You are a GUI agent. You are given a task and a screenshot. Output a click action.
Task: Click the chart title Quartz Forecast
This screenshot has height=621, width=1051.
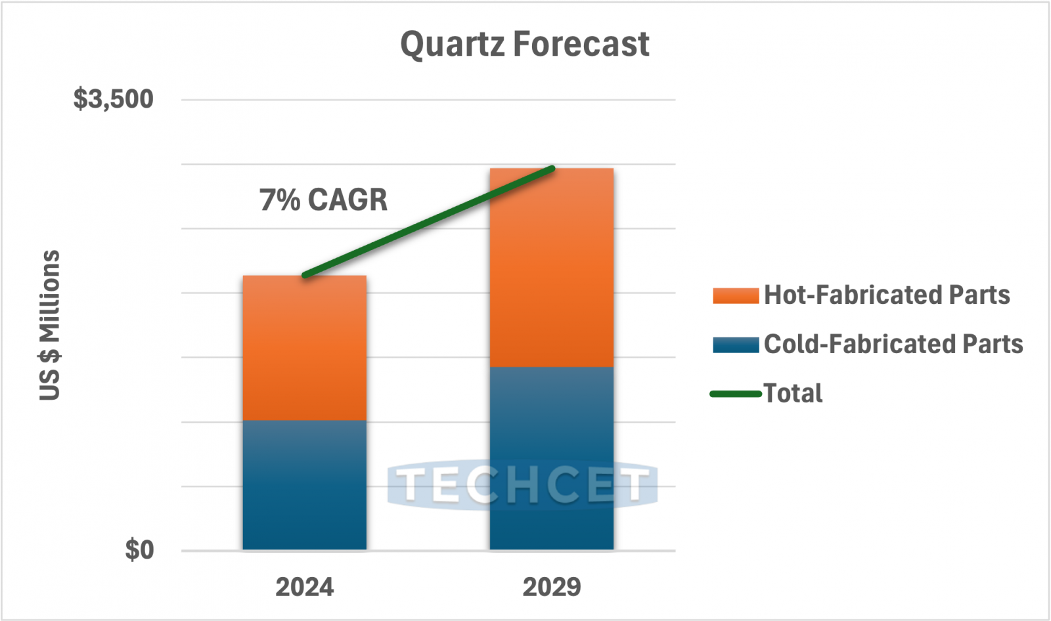(524, 45)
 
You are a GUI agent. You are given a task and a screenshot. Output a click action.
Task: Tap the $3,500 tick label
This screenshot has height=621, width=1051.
(113, 99)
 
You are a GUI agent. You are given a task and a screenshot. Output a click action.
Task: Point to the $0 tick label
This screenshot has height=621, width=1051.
(139, 549)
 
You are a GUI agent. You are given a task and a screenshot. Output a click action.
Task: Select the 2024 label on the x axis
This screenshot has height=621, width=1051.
(304, 587)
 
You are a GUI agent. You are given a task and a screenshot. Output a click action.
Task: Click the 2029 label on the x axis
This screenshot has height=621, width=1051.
(551, 587)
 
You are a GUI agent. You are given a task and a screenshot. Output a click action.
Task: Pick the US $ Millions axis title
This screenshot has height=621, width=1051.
(50, 325)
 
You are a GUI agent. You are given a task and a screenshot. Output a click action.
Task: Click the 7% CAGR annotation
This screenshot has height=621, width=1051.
(323, 200)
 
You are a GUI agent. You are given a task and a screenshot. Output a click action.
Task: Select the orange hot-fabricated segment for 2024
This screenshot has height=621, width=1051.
(304, 348)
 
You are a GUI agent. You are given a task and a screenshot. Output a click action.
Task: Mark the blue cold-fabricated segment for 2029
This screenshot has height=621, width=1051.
(551, 427)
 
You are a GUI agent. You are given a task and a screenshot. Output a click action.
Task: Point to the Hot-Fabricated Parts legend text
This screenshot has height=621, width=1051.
(887, 295)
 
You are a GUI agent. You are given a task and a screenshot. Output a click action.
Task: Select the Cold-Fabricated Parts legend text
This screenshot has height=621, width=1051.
(893, 344)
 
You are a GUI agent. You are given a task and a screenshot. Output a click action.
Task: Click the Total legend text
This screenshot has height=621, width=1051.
(793, 393)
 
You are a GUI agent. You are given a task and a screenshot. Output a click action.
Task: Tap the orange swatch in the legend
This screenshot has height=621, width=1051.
(736, 295)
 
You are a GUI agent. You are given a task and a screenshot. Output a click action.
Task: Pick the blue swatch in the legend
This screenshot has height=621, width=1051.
(736, 345)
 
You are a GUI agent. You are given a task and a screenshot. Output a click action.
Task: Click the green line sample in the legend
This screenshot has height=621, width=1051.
(736, 394)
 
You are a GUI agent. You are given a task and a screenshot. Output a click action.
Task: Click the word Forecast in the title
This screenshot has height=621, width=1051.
(581, 45)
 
